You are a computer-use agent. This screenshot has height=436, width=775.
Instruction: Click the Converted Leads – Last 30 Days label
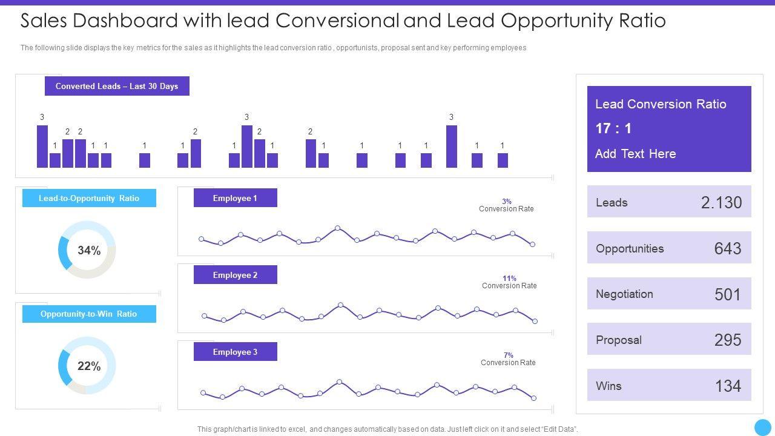click(x=117, y=86)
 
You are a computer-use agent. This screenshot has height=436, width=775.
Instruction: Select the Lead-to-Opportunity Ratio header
click(x=89, y=198)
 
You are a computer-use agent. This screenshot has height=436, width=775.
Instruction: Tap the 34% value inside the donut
click(x=89, y=250)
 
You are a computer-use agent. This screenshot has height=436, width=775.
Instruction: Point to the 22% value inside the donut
click(x=89, y=366)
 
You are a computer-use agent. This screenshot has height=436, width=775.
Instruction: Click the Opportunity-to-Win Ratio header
click(x=89, y=314)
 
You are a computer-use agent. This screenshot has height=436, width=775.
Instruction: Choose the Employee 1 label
click(x=235, y=198)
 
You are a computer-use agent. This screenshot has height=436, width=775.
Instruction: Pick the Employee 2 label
click(x=235, y=275)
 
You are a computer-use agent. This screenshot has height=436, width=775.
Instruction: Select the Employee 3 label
click(x=235, y=352)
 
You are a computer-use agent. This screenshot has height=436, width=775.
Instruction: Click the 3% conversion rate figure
click(x=507, y=202)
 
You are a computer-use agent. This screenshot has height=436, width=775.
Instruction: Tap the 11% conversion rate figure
click(x=509, y=279)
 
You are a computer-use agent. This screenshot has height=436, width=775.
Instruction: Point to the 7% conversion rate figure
click(x=509, y=355)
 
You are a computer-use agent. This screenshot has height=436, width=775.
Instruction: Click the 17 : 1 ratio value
click(x=613, y=128)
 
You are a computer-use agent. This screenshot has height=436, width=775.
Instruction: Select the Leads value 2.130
click(x=721, y=202)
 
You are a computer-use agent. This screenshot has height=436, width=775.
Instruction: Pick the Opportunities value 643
click(x=728, y=248)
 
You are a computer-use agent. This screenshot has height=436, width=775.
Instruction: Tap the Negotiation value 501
click(x=728, y=294)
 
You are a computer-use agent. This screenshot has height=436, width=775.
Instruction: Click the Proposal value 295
click(x=728, y=340)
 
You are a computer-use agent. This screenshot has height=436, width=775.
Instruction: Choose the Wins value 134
click(x=728, y=386)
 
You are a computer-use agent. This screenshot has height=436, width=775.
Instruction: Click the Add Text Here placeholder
click(x=635, y=154)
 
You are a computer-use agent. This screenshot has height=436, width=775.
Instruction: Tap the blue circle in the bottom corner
click(x=763, y=427)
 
